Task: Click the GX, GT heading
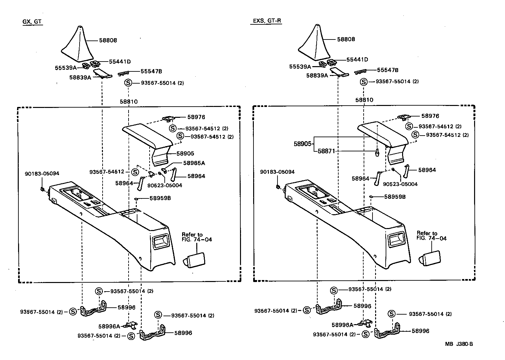point(32,22)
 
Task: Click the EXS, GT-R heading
point(267,21)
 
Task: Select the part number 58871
point(326,151)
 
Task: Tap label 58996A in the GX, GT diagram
point(109,326)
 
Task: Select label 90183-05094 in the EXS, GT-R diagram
point(277,172)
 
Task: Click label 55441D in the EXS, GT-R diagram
point(357,60)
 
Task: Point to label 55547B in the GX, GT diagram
point(151,71)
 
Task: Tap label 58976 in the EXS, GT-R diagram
point(430,116)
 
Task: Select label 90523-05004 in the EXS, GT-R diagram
point(400,184)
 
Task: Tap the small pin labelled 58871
point(377,152)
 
